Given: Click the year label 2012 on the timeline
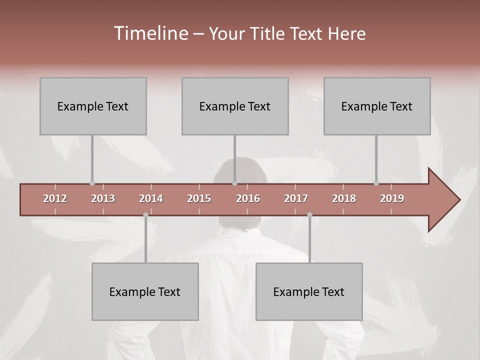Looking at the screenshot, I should [55, 198].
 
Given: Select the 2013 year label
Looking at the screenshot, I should [103, 198].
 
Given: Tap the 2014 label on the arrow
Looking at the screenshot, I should [151, 198].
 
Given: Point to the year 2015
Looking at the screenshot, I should [199, 198].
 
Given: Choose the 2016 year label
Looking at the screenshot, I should [248, 198].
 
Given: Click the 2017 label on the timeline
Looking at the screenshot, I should [296, 198].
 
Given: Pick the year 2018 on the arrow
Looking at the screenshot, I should [344, 198].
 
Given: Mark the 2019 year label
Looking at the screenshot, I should [392, 198].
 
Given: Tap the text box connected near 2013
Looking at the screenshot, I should [93, 106].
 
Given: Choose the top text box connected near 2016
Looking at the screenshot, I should [235, 106].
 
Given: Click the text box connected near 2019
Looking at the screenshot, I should [377, 106].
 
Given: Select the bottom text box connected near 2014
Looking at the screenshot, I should [145, 291].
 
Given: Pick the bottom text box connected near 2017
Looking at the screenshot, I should [309, 291].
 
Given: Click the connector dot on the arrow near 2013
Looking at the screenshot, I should [92, 183].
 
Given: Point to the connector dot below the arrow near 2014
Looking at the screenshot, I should [145, 215].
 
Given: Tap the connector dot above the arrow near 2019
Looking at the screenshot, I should [376, 183].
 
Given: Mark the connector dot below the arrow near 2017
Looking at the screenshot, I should [309, 215].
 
